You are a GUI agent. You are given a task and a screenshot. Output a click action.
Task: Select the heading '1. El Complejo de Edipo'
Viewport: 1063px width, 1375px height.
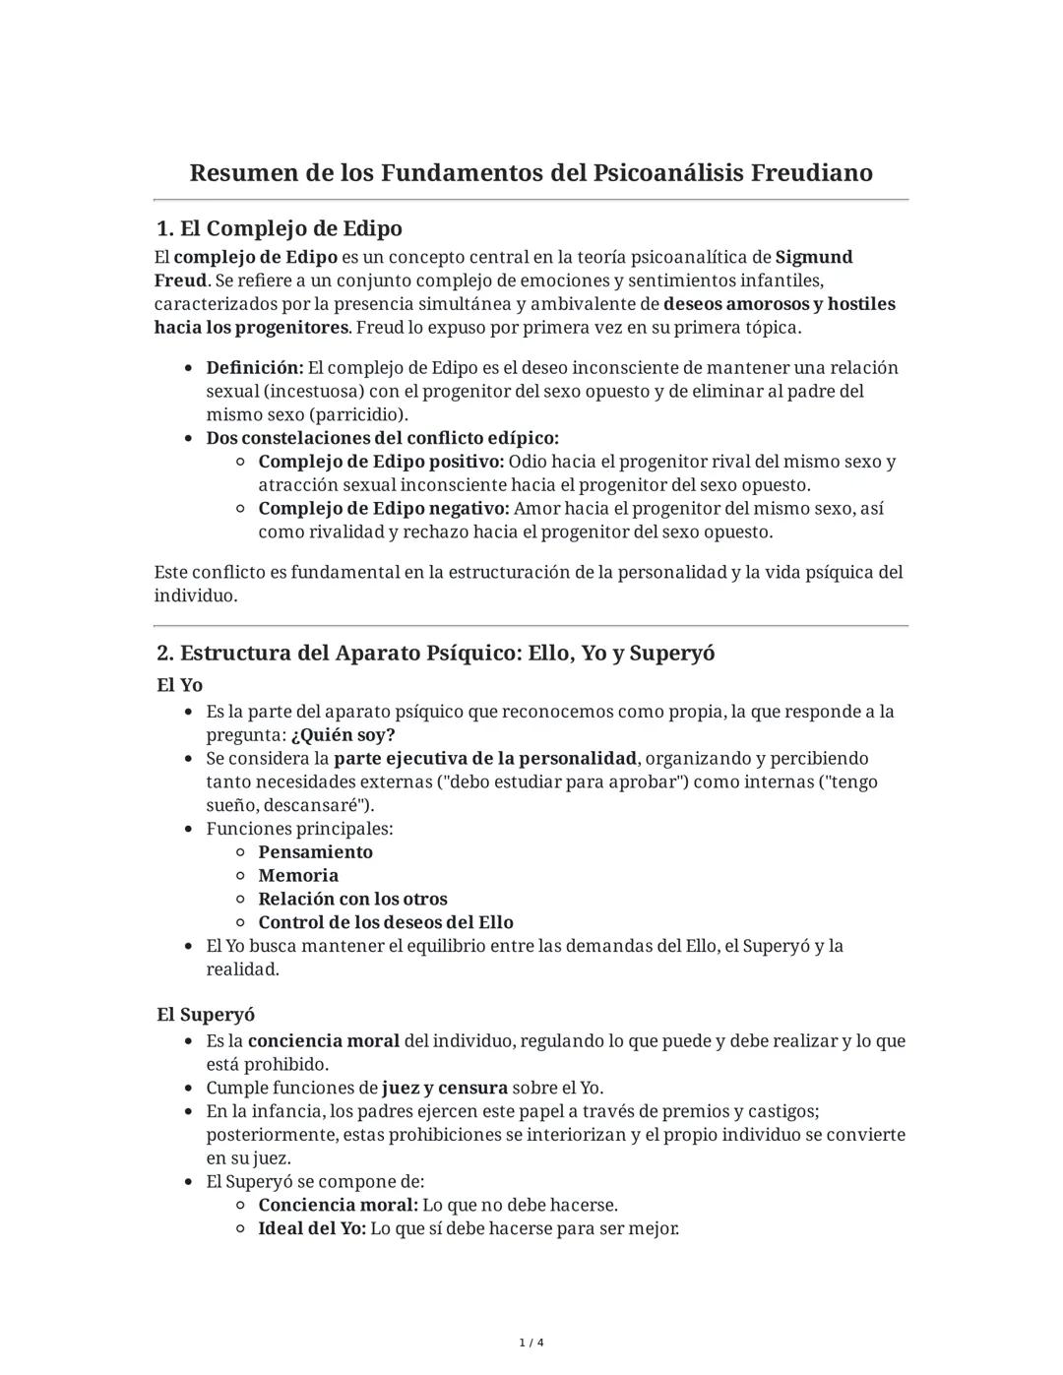click(x=280, y=228)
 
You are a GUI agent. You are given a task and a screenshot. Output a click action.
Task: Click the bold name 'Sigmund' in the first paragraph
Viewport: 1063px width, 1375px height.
click(x=814, y=257)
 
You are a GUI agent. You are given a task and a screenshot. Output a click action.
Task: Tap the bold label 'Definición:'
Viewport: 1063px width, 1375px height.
click(x=255, y=368)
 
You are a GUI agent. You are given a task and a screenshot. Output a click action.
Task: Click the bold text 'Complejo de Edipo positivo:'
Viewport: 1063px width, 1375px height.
click(x=381, y=462)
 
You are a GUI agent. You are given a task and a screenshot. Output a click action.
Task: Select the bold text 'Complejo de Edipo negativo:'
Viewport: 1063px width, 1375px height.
click(x=384, y=509)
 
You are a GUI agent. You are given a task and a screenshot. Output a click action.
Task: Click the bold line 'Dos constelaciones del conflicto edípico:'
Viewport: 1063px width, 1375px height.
click(x=382, y=438)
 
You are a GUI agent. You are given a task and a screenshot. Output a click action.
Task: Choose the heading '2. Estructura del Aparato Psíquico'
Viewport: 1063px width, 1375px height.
click(x=435, y=654)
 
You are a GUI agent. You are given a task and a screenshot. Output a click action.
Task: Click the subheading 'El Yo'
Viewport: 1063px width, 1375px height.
click(x=179, y=685)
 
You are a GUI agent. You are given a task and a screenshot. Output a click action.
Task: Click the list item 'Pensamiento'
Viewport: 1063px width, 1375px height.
click(x=315, y=852)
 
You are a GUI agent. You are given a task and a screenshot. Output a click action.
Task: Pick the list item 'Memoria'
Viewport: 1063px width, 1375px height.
click(x=298, y=876)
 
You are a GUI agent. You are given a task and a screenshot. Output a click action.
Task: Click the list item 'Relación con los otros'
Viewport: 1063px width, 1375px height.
click(x=352, y=900)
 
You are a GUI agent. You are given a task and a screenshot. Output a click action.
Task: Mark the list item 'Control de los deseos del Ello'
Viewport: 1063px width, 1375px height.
click(x=386, y=923)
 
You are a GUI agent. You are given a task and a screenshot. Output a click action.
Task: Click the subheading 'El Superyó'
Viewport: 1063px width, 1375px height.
click(x=206, y=1015)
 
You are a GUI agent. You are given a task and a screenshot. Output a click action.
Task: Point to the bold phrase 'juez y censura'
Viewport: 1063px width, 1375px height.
click(x=445, y=1089)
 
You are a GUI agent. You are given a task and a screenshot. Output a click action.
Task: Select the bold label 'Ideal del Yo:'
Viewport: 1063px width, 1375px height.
click(x=312, y=1229)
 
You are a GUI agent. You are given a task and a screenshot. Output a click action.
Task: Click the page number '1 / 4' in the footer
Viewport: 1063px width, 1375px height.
click(x=531, y=1344)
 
